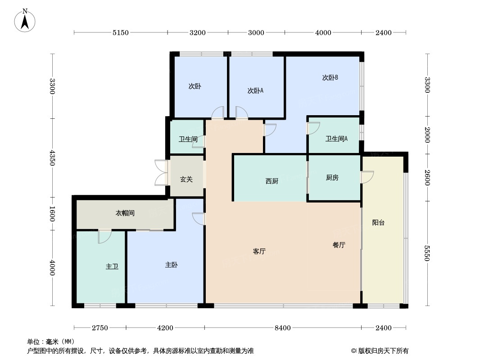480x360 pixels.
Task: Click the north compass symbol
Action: (25, 20)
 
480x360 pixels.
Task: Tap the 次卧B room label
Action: (330, 77)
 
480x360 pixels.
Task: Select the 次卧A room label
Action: (255, 90)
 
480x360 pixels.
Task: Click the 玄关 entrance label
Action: (186, 179)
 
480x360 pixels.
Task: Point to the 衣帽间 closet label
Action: (125, 213)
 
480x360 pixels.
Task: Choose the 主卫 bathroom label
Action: (112, 266)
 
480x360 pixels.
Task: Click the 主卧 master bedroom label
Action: (171, 265)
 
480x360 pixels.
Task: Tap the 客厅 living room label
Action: (259, 252)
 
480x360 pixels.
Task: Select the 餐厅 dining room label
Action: (339, 245)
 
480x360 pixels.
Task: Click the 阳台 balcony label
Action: (378, 222)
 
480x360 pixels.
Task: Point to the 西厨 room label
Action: (272, 181)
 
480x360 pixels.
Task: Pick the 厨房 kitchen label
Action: (332, 178)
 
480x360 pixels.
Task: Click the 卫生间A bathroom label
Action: (336, 139)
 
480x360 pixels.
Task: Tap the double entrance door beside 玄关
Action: (161, 172)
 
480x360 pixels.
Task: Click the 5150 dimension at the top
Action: (121, 32)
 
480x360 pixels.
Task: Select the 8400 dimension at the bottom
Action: (283, 328)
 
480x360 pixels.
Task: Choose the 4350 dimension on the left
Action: (52, 157)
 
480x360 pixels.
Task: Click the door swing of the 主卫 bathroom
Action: (104, 236)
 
